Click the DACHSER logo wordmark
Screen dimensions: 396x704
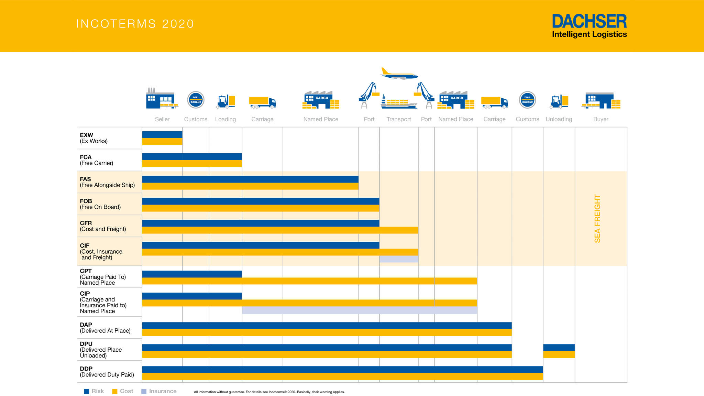point(589,21)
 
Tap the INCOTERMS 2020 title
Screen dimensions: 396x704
point(135,24)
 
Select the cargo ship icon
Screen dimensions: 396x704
point(399,102)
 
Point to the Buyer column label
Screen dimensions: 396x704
point(601,119)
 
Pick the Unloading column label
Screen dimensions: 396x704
point(559,119)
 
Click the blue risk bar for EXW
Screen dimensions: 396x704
point(162,134)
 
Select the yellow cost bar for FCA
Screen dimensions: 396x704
point(192,164)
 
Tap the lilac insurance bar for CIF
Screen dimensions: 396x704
point(399,259)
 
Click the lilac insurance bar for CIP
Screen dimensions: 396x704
point(359,310)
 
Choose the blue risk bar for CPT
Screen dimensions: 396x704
point(192,274)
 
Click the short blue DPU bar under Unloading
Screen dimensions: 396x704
point(559,348)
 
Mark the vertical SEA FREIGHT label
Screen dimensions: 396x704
point(597,219)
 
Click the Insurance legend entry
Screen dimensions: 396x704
point(159,391)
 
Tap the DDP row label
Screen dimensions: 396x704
point(107,372)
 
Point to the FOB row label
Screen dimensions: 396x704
point(100,204)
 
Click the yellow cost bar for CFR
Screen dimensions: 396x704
point(280,230)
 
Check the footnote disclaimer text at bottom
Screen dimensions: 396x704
point(269,392)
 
